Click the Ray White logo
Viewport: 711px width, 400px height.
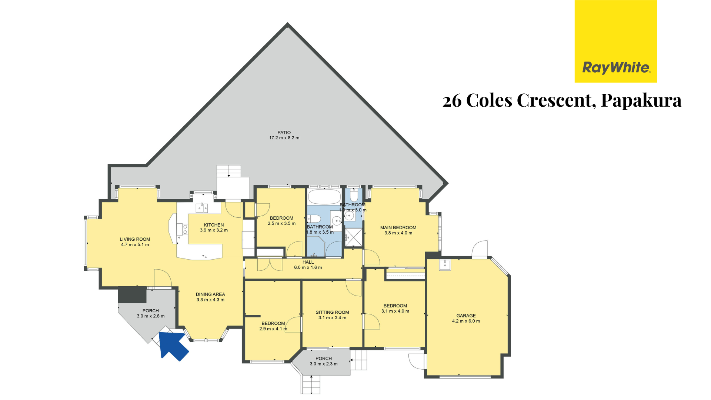(615, 41)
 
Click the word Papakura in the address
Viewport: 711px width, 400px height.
(641, 100)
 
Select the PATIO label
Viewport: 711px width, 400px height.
(284, 132)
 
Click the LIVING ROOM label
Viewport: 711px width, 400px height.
(135, 239)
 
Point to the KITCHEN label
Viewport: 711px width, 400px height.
(214, 225)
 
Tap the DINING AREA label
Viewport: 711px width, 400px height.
(210, 294)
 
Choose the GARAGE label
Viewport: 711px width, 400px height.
(466, 316)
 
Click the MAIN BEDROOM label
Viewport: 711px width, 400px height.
(398, 227)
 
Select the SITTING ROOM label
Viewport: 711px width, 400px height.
(332, 312)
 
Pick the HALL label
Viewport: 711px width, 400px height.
(308, 262)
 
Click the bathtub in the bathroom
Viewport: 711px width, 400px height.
(324, 197)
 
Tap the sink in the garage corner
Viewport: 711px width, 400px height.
(445, 265)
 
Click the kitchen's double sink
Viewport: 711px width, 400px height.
(202, 208)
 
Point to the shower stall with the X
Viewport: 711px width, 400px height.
(354, 237)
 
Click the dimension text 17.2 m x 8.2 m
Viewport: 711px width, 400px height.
(284, 138)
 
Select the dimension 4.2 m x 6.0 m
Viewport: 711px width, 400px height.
(466, 321)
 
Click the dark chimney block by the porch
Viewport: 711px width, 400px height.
(132, 295)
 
